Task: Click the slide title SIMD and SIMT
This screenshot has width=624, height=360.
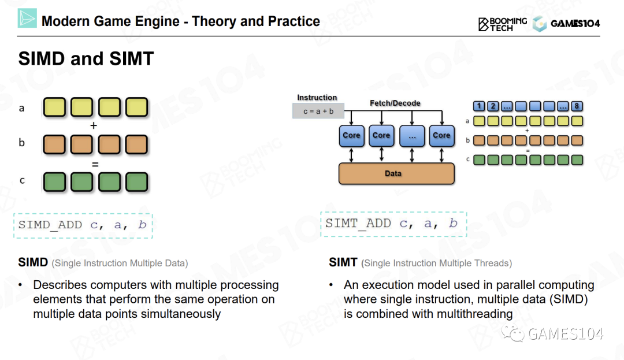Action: (86, 58)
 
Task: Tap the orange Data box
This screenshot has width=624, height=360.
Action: (396, 173)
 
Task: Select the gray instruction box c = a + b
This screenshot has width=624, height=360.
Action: (318, 111)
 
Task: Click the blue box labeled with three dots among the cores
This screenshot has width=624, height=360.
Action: (412, 136)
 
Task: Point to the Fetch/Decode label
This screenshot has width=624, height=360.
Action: (395, 103)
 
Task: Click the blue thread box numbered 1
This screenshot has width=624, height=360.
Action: (479, 106)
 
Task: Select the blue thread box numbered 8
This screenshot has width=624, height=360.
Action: (577, 106)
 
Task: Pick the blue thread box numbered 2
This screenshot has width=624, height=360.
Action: (493, 106)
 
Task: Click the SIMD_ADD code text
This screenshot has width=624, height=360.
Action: (83, 225)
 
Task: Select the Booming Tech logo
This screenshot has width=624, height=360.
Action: (503, 24)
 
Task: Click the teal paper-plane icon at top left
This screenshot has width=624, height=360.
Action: (27, 18)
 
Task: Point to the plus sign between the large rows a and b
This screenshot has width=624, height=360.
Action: (94, 126)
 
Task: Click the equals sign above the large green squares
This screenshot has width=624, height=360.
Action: (95, 164)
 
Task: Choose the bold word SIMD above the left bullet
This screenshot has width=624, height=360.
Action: (33, 262)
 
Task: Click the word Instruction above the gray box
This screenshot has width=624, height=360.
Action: (317, 98)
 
